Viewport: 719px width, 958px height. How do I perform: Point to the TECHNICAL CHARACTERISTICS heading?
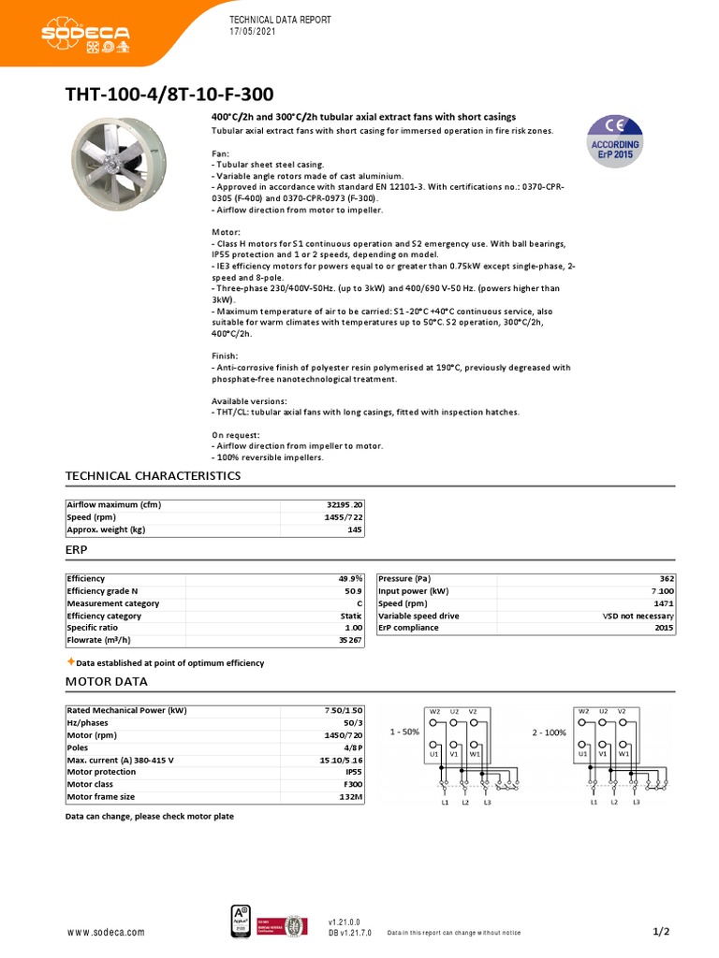tap(153, 476)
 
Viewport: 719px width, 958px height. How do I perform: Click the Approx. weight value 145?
tap(353, 530)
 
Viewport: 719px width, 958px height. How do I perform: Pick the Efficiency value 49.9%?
tap(349, 579)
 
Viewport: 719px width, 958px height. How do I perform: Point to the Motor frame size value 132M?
tap(348, 797)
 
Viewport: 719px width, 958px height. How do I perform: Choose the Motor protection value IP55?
tap(351, 773)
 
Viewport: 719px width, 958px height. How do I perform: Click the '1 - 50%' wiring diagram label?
tap(404, 733)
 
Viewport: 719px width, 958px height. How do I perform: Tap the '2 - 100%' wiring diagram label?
tap(549, 733)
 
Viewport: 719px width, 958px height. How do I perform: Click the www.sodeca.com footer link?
tap(108, 933)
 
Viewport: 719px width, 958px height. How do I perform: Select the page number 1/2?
tap(661, 932)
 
